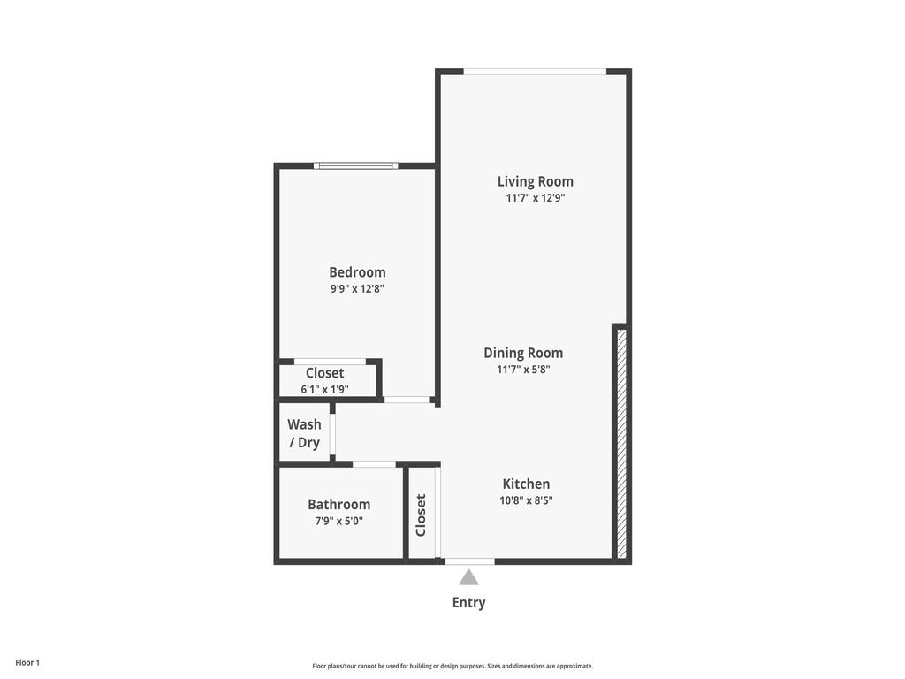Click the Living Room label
tap(535, 181)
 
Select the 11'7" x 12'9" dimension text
tap(535, 198)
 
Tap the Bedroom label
tap(357, 272)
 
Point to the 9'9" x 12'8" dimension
tap(357, 288)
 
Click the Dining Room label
tap(523, 353)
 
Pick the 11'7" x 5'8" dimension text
tap(523, 370)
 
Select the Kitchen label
tap(526, 484)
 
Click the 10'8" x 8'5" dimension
tap(526, 500)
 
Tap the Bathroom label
tap(338, 504)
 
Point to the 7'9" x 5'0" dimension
tap(338, 521)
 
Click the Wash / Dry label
tap(304, 433)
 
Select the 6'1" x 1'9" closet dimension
tap(324, 389)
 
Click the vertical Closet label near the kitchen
tap(421, 515)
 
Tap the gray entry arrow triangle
tap(468, 577)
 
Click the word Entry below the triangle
tap(468, 603)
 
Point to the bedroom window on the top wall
tap(355, 165)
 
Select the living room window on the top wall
tap(535, 72)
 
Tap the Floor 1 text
tap(27, 662)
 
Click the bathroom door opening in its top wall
tap(374, 464)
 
